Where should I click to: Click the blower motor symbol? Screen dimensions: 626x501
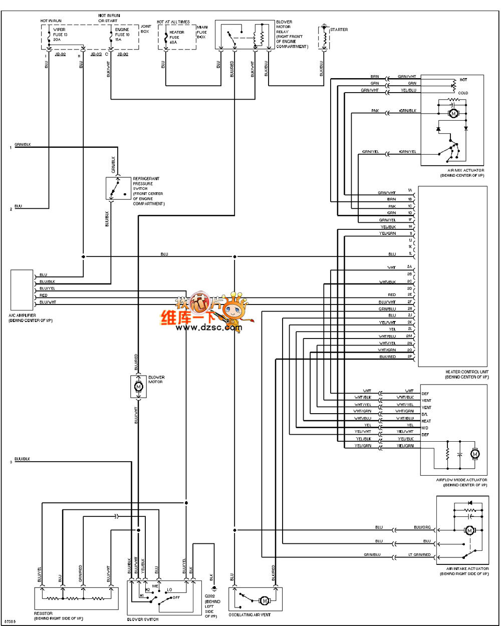[139, 387]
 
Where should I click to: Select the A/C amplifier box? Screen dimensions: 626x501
[21, 290]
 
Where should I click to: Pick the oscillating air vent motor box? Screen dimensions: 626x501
[255, 599]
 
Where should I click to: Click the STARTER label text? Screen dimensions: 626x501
[339, 30]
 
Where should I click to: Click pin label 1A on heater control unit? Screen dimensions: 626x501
[410, 191]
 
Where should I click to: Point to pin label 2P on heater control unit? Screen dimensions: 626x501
[410, 357]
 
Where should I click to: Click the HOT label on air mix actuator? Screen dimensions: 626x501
[463, 80]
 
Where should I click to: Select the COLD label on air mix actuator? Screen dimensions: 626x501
[463, 93]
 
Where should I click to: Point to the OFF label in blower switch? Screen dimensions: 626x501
[176, 598]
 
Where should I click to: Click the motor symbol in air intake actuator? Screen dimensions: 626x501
[470, 530]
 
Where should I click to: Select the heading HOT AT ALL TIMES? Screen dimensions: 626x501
[173, 22]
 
